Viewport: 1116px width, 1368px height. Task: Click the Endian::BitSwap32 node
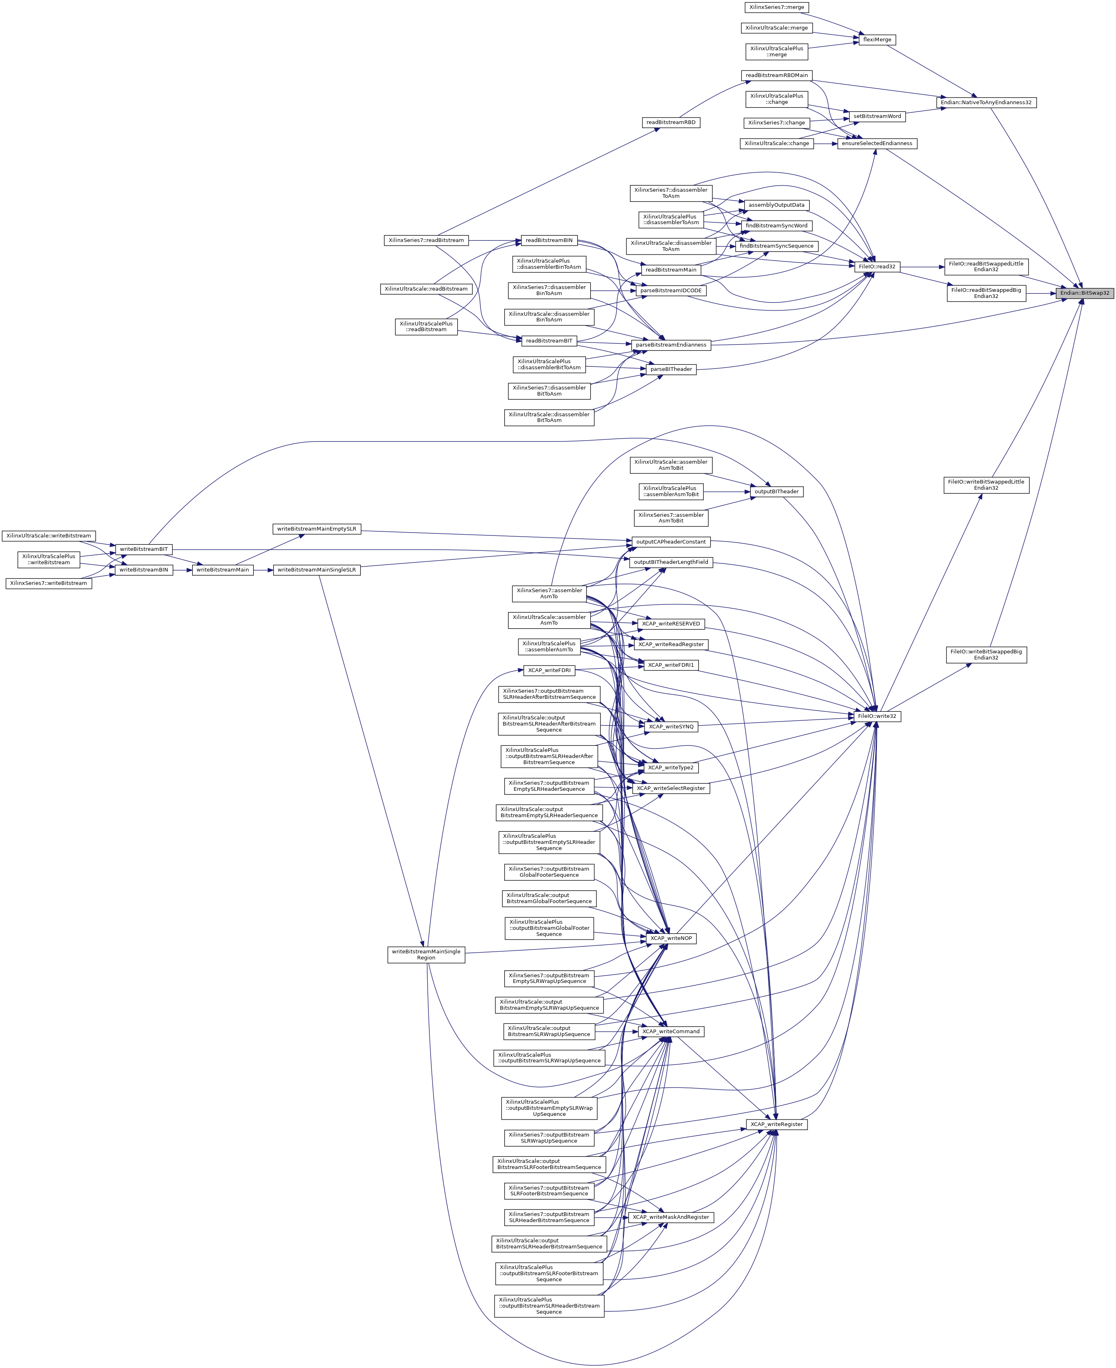(x=1084, y=293)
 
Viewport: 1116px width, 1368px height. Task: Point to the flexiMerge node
(x=877, y=40)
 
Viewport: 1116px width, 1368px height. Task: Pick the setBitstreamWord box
(x=877, y=116)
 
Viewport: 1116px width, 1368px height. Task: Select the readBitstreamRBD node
(x=670, y=122)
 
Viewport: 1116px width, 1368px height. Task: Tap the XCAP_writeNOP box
(x=670, y=938)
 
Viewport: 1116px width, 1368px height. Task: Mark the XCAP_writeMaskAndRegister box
(x=670, y=1217)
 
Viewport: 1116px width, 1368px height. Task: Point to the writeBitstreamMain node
(x=223, y=569)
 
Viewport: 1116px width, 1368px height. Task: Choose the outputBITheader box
(x=776, y=491)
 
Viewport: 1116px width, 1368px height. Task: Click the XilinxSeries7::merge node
(x=776, y=7)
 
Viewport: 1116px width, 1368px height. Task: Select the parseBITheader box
(x=670, y=369)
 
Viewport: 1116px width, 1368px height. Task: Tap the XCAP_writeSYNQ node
(x=670, y=726)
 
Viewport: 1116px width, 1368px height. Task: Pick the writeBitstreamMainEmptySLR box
(x=316, y=529)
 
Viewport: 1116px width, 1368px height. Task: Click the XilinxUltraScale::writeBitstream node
(x=49, y=535)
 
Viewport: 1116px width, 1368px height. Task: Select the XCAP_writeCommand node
(x=670, y=1031)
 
